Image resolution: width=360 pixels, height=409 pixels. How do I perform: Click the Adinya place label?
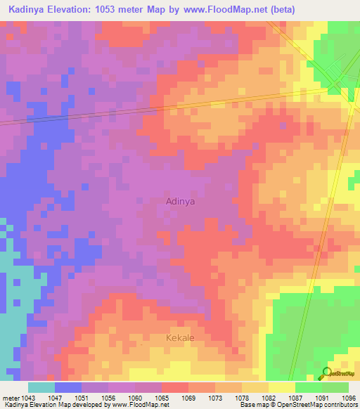click(180, 201)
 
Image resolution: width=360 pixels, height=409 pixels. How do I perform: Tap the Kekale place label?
click(180, 338)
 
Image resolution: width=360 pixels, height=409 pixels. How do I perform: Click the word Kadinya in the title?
click(29, 9)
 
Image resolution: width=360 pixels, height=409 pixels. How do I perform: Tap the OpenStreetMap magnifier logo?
click(325, 373)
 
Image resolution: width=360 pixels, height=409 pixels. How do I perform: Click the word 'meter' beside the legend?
click(11, 397)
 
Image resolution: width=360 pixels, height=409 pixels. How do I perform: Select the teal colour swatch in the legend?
click(41, 387)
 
